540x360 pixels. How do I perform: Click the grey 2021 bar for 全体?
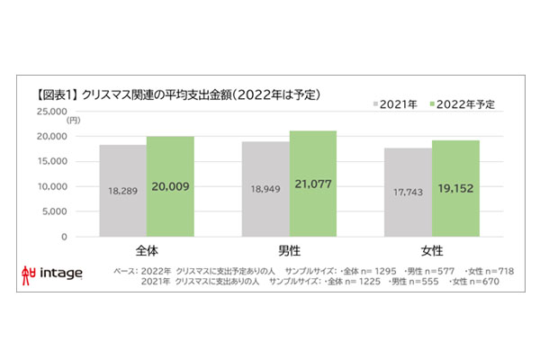click(x=122, y=191)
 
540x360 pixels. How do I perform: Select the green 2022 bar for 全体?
click(x=170, y=186)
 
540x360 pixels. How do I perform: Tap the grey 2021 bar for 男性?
click(x=265, y=189)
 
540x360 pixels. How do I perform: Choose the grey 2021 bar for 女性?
click(x=408, y=193)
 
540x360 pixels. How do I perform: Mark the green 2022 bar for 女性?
click(x=455, y=189)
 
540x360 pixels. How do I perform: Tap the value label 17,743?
click(x=408, y=192)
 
